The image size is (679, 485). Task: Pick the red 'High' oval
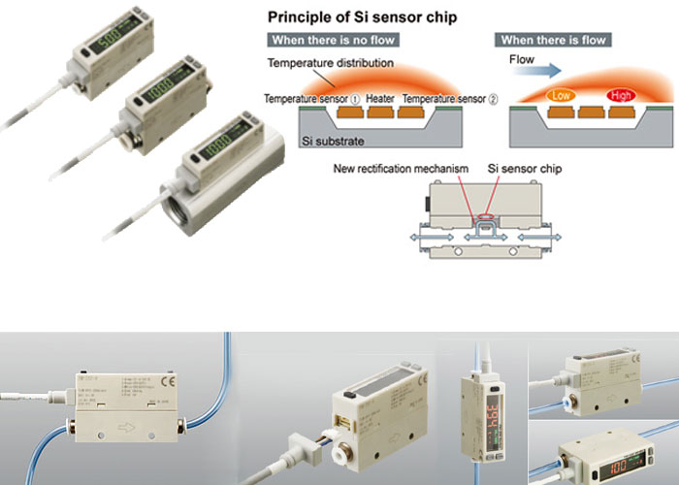(x=621, y=96)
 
